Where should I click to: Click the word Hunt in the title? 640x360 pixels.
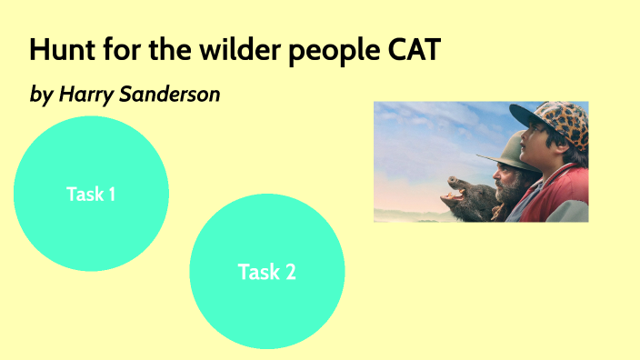point(56,50)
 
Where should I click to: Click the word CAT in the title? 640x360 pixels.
point(414,50)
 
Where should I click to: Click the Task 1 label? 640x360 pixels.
point(91,194)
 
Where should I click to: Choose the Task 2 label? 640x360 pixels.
point(266,271)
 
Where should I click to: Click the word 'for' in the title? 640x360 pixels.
point(115,50)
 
